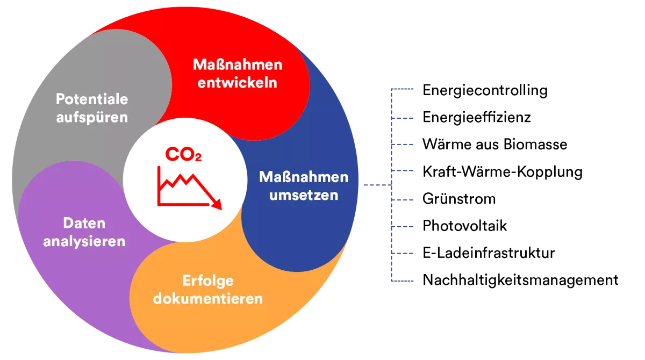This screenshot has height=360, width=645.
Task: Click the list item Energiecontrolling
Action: point(485,91)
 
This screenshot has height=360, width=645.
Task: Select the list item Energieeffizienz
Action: point(477,118)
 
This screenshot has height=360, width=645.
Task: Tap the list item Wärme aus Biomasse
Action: point(494,145)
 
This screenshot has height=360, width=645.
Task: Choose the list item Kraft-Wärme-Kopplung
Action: point(503,172)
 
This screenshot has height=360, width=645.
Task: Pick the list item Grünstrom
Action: point(459,199)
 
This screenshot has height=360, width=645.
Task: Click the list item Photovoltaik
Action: point(464,226)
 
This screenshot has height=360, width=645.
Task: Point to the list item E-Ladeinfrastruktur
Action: point(489,253)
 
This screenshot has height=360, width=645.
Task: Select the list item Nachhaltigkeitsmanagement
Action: point(520,280)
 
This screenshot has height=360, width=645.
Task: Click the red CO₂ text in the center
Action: point(183,154)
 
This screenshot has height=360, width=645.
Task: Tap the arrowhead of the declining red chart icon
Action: point(217,204)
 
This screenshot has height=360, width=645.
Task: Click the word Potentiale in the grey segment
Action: point(92,99)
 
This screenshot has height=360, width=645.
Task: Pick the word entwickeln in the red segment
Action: point(237,83)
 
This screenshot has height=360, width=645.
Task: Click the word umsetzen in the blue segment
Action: point(304,196)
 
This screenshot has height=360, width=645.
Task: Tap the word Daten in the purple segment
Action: point(84,224)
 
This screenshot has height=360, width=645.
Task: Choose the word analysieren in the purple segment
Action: point(84,242)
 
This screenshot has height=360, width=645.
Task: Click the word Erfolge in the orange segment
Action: point(208,281)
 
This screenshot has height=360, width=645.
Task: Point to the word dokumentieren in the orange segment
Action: point(208,299)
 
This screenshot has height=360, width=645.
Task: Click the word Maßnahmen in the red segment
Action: point(238,64)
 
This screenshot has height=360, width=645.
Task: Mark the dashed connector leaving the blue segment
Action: point(377,185)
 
